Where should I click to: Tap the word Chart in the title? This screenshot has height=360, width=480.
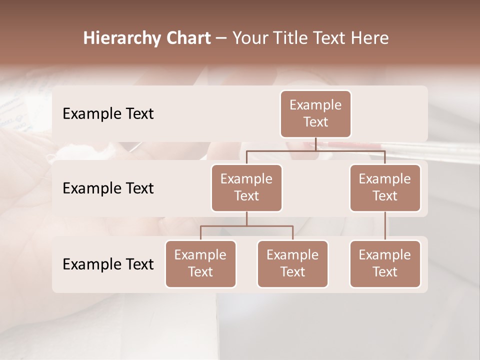(x=187, y=38)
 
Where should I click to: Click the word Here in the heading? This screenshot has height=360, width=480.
(x=369, y=38)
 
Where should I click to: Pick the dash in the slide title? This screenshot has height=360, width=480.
(x=221, y=39)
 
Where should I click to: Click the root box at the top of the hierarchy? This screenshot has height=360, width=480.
(x=315, y=113)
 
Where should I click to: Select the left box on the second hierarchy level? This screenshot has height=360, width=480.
(x=246, y=187)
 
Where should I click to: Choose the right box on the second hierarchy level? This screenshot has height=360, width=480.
(x=385, y=187)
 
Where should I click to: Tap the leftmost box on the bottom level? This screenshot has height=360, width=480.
(x=200, y=263)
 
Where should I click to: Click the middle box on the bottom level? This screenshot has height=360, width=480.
(x=292, y=263)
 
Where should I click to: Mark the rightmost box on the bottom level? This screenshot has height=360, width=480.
(x=385, y=263)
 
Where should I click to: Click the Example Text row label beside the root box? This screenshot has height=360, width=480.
(x=108, y=113)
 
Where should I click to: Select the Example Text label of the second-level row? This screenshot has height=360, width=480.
(x=108, y=188)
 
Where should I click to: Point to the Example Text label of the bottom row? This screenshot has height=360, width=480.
(x=108, y=264)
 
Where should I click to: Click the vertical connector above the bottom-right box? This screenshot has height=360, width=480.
(x=385, y=226)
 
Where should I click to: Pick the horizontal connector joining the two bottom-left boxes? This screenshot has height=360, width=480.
(x=246, y=226)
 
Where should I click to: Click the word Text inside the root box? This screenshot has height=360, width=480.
(x=315, y=122)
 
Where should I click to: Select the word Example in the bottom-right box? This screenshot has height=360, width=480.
(x=385, y=255)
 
